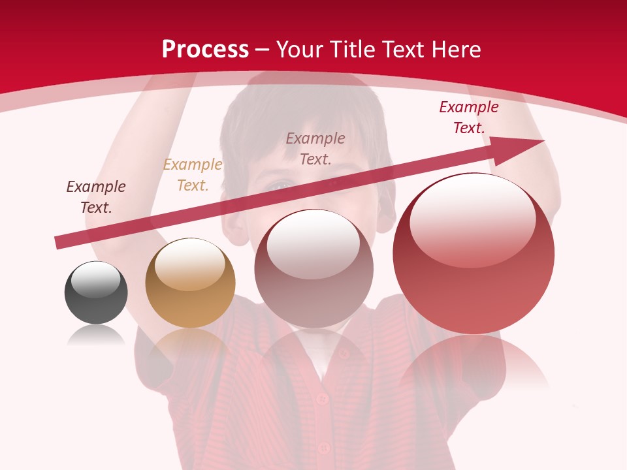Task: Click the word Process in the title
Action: [205, 50]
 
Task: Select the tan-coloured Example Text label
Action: [193, 175]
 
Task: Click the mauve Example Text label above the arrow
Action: [315, 148]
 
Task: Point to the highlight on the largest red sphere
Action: [472, 219]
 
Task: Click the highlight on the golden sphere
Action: [189, 263]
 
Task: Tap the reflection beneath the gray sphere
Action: [96, 336]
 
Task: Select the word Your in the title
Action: [298, 50]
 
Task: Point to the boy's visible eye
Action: [280, 186]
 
